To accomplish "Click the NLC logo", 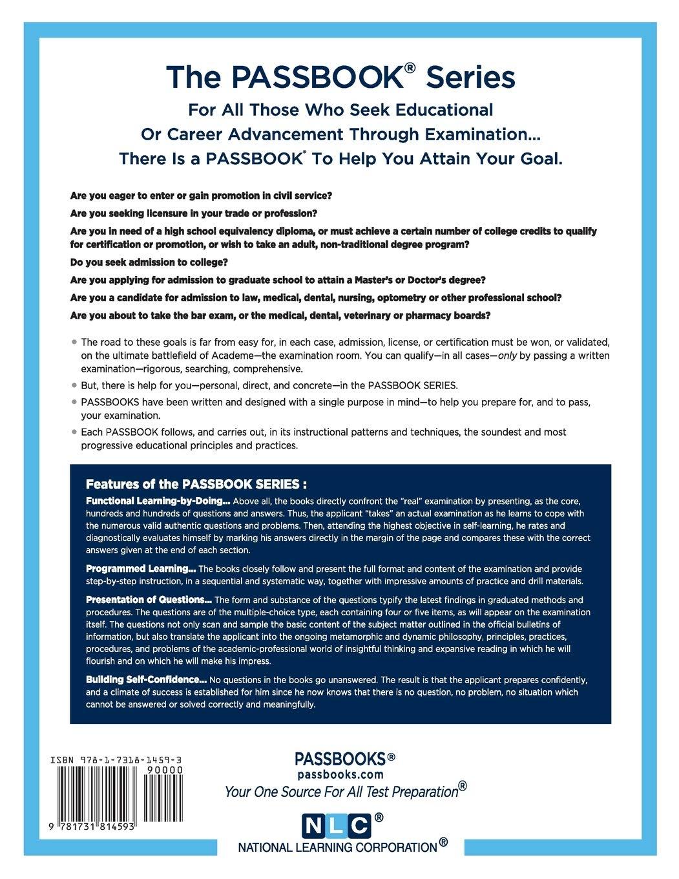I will coord(337,826).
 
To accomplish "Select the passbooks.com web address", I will coord(340,774).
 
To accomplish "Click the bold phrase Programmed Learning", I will coord(141,569).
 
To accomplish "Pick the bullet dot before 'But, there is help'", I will coord(74,385).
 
